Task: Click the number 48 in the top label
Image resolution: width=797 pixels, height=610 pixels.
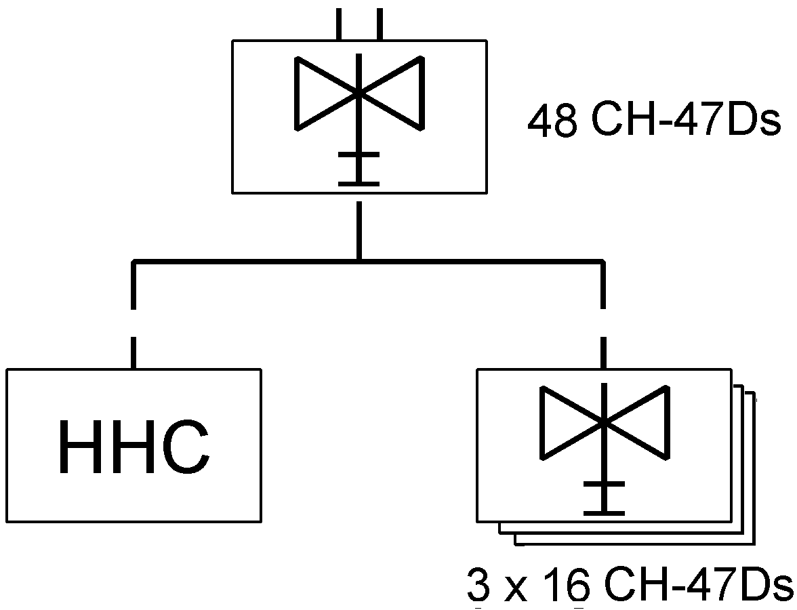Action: pos(552,120)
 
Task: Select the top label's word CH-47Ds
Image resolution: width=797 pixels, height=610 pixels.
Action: pos(686,120)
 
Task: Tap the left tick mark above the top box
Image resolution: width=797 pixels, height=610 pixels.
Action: pos(339,24)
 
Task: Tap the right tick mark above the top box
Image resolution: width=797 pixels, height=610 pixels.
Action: pos(380,24)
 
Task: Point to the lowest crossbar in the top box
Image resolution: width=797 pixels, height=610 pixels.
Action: pos(359,183)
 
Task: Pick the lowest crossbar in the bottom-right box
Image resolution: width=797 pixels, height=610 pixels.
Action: pos(604,513)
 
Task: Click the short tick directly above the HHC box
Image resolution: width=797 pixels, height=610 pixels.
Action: pos(134,352)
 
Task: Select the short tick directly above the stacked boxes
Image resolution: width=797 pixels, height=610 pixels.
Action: pos(603,352)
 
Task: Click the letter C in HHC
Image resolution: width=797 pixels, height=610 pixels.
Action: pos(186,446)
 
